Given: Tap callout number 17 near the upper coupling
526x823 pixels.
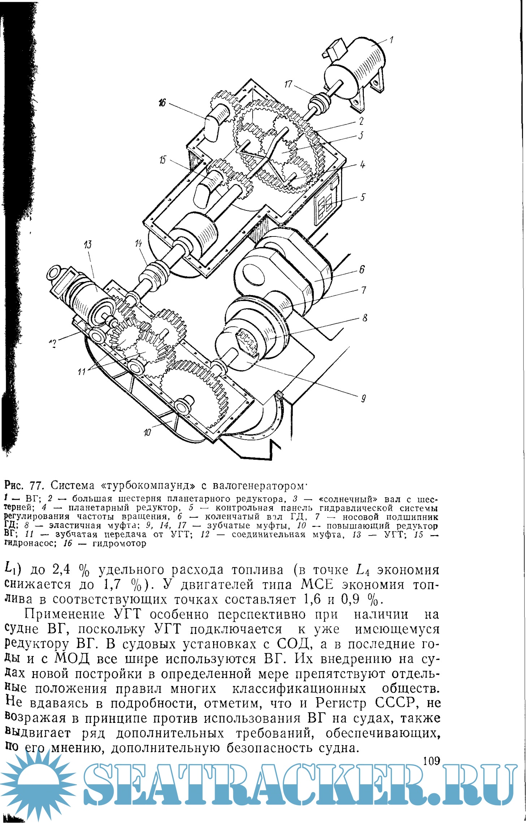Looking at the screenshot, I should [288, 84].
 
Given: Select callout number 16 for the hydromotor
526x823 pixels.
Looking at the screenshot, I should [162, 103].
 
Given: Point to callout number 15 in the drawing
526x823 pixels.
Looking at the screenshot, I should [163, 159].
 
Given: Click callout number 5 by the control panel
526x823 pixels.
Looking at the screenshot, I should [363, 197].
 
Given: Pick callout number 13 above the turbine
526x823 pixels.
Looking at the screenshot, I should [88, 245].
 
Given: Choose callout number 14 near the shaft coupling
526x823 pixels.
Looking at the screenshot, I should [139, 244].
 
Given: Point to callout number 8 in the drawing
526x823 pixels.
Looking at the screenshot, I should [365, 318].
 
